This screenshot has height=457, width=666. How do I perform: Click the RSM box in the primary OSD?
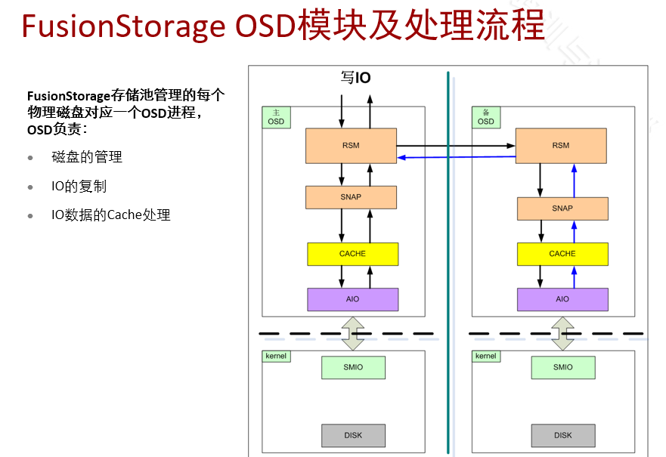click(351, 146)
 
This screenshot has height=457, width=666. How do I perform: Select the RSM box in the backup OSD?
click(561, 146)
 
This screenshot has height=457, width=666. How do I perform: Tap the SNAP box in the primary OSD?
click(351, 197)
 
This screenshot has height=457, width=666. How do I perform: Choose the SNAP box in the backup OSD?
click(562, 208)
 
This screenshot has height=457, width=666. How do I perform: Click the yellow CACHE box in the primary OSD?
click(352, 254)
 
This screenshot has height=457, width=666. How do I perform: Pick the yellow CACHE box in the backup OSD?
click(562, 254)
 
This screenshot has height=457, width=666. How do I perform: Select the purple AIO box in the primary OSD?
click(352, 299)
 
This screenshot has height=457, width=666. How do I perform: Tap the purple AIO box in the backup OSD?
click(562, 299)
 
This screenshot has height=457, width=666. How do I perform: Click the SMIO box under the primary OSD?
click(353, 367)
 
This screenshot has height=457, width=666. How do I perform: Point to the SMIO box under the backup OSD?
click(562, 367)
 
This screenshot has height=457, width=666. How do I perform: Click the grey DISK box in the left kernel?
click(353, 435)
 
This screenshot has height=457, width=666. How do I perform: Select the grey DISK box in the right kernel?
click(562, 435)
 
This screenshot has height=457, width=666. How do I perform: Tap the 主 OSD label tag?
click(276, 117)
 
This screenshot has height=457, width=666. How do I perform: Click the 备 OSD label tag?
click(486, 117)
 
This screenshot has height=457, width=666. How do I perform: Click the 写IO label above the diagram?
click(355, 78)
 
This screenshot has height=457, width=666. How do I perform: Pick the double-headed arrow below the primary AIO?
click(352, 332)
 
